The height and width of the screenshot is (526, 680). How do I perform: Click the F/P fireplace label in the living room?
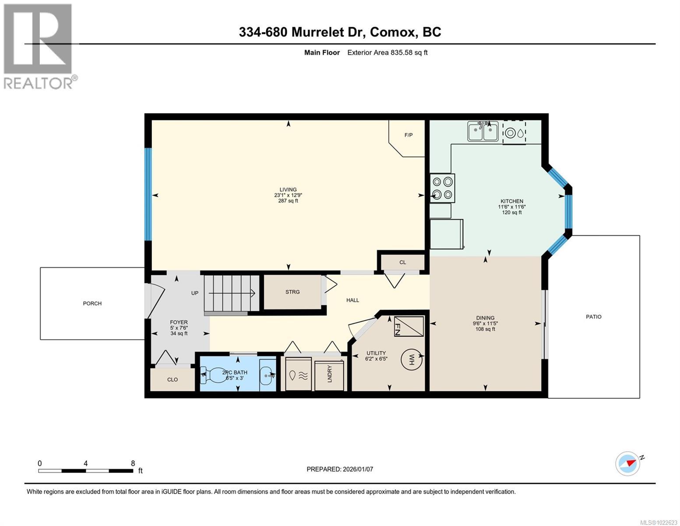click(408, 135)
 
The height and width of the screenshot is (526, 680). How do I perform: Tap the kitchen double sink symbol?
click(483, 132)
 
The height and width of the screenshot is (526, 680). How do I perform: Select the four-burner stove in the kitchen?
click(442, 188)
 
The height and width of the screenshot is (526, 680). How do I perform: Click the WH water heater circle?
click(412, 360)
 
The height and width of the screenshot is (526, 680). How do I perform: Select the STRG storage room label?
click(292, 292)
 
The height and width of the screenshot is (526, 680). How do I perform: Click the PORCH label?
click(92, 303)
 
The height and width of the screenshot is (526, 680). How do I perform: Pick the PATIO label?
click(594, 316)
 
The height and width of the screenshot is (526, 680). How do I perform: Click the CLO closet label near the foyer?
click(173, 380)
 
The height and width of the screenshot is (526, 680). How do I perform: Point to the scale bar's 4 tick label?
click(86, 463)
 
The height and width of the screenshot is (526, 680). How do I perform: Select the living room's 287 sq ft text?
click(288, 201)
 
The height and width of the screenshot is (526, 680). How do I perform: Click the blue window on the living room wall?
click(148, 194)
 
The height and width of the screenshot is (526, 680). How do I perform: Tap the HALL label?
click(352, 300)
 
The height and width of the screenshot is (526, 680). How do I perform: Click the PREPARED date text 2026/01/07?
click(340, 469)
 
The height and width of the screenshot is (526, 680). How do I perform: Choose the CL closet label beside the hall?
click(402, 263)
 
